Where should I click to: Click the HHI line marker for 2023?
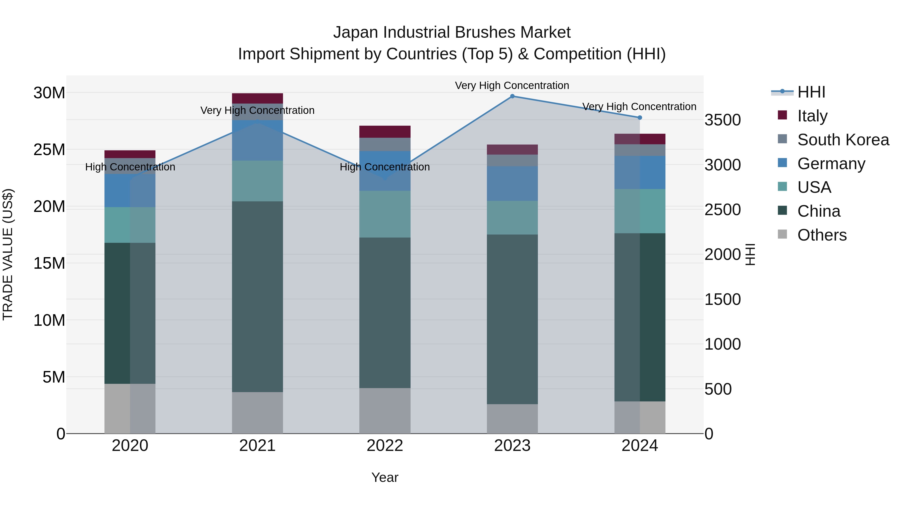512,96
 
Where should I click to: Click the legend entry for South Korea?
843,140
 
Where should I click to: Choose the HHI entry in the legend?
811,92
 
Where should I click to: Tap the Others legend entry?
822,235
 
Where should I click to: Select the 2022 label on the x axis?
385,446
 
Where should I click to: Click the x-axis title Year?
385,477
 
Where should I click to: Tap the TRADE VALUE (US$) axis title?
8,254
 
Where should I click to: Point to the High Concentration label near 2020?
130,167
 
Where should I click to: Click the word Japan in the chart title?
356,32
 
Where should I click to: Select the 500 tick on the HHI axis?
718,389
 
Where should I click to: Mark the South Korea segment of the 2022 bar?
385,144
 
